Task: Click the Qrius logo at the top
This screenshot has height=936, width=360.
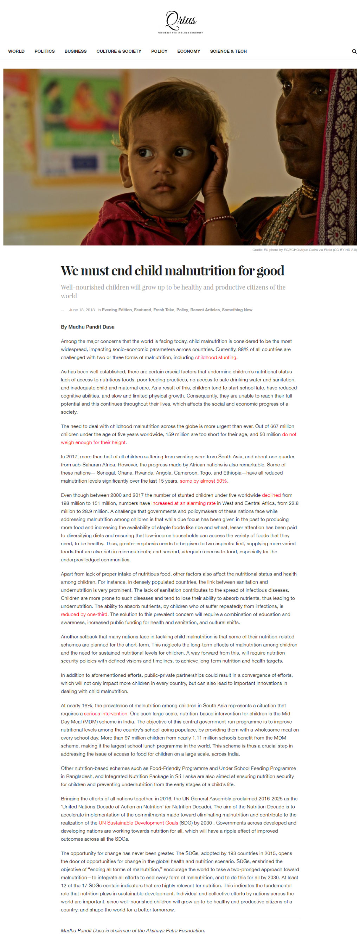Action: tap(180, 22)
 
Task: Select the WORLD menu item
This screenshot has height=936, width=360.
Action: tap(16, 51)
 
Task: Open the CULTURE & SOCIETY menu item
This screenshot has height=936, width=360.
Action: tap(119, 51)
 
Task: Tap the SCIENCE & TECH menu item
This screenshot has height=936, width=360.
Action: tap(228, 51)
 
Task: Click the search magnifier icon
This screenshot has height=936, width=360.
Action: tap(354, 52)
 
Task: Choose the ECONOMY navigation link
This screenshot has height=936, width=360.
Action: tap(188, 51)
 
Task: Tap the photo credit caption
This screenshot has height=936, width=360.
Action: tap(304, 250)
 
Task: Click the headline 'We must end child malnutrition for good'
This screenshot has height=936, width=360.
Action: tap(172, 271)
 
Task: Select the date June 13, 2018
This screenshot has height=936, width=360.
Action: tap(82, 310)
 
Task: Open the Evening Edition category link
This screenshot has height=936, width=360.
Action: tap(117, 310)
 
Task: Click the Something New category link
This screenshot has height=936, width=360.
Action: tap(237, 310)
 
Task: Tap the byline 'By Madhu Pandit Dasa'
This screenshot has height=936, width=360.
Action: tap(88, 327)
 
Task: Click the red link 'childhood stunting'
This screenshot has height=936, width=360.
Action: tap(216, 357)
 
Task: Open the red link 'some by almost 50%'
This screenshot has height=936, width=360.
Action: tap(203, 481)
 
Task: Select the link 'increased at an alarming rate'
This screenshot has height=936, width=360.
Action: tap(183, 503)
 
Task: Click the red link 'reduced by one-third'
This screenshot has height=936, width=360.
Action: tap(84, 614)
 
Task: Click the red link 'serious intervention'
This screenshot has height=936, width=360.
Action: tap(106, 714)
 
